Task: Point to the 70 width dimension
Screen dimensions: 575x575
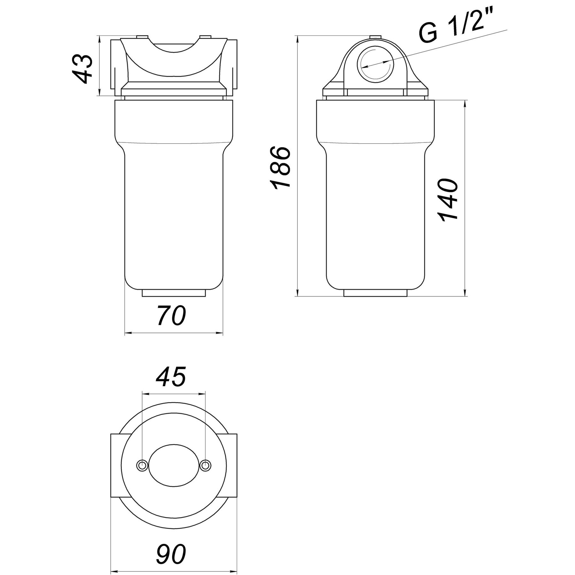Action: tap(171, 316)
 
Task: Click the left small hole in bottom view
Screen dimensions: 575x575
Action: tap(142, 465)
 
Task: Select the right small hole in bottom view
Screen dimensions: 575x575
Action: tap(205, 465)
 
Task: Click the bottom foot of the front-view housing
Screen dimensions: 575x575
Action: tap(173, 293)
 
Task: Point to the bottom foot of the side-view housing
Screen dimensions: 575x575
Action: tap(375, 293)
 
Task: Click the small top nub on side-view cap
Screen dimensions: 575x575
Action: tap(375, 37)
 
